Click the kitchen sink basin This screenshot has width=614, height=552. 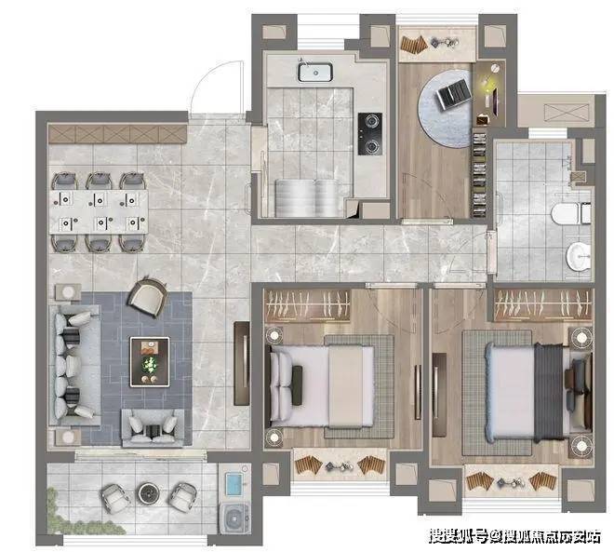pyautogui.click(x=315, y=72)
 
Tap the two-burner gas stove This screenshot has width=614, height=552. pyautogui.click(x=369, y=134)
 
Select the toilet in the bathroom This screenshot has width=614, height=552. pyautogui.click(x=571, y=213)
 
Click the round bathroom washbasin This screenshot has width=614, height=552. pyautogui.click(x=579, y=256)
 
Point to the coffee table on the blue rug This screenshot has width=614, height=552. pyautogui.click(x=150, y=362)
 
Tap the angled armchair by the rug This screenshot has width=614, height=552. pyautogui.click(x=147, y=296)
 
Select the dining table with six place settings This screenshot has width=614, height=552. pyautogui.click(x=99, y=212)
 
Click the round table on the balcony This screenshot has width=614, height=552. pyautogui.click(x=149, y=493)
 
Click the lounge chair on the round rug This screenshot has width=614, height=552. pyautogui.click(x=453, y=94)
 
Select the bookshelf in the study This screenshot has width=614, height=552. pyautogui.click(x=479, y=175)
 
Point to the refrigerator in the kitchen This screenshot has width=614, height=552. pyautogui.click(x=307, y=198)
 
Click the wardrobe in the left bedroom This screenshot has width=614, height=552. pyautogui.click(x=307, y=305)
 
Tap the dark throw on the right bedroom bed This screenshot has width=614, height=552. pyautogui.click(x=549, y=392)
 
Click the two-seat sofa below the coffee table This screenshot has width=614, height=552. pyautogui.click(x=153, y=428)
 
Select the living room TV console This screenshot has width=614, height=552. pyautogui.click(x=242, y=364)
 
